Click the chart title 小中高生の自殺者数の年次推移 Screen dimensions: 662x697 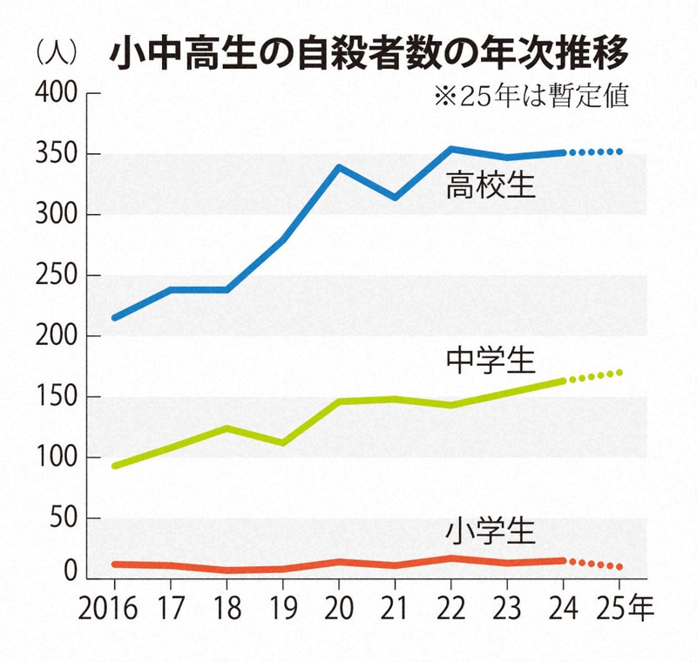[x=367, y=54]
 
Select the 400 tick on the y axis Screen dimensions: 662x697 [x=56, y=92]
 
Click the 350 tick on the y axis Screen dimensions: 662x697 [x=56, y=154]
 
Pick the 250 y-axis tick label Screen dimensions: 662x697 [x=56, y=275]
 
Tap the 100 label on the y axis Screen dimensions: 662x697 [x=56, y=457]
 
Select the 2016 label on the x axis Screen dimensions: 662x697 [x=113, y=604]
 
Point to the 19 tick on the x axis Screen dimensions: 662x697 [x=281, y=604]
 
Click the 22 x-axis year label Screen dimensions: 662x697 [x=450, y=604]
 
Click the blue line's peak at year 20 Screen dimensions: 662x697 [x=338, y=166]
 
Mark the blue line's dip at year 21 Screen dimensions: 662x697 [x=395, y=198]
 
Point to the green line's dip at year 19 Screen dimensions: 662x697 [x=281, y=442]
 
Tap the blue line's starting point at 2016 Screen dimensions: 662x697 [x=115, y=317]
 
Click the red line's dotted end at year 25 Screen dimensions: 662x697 [x=619, y=567]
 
